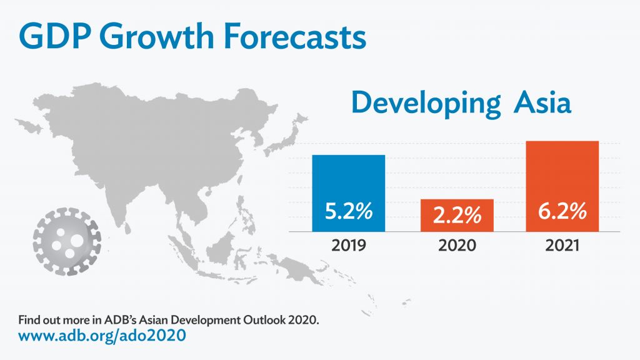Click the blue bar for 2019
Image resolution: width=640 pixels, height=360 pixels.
tap(349, 193)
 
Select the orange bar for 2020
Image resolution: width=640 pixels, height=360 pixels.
tap(457, 216)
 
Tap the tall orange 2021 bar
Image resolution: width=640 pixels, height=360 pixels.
tap(562, 186)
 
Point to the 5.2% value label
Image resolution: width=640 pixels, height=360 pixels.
tap(349, 211)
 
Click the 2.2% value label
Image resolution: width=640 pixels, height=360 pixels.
tap(457, 215)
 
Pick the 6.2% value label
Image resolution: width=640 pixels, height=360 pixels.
tap(562, 211)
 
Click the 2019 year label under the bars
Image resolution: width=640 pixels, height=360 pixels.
tap(349, 245)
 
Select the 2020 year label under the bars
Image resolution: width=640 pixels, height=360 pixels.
tap(457, 245)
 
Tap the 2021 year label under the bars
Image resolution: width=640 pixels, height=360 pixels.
tap(562, 245)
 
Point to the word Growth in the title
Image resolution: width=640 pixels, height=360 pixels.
tap(157, 36)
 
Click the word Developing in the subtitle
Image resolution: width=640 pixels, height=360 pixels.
tap(426, 103)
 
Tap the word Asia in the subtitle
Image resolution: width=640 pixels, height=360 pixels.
tap(542, 102)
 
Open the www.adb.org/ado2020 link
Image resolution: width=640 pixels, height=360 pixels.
tap(102, 336)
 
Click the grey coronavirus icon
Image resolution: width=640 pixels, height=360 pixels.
tap(67, 241)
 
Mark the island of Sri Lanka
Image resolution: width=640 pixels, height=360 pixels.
tap(127, 227)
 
